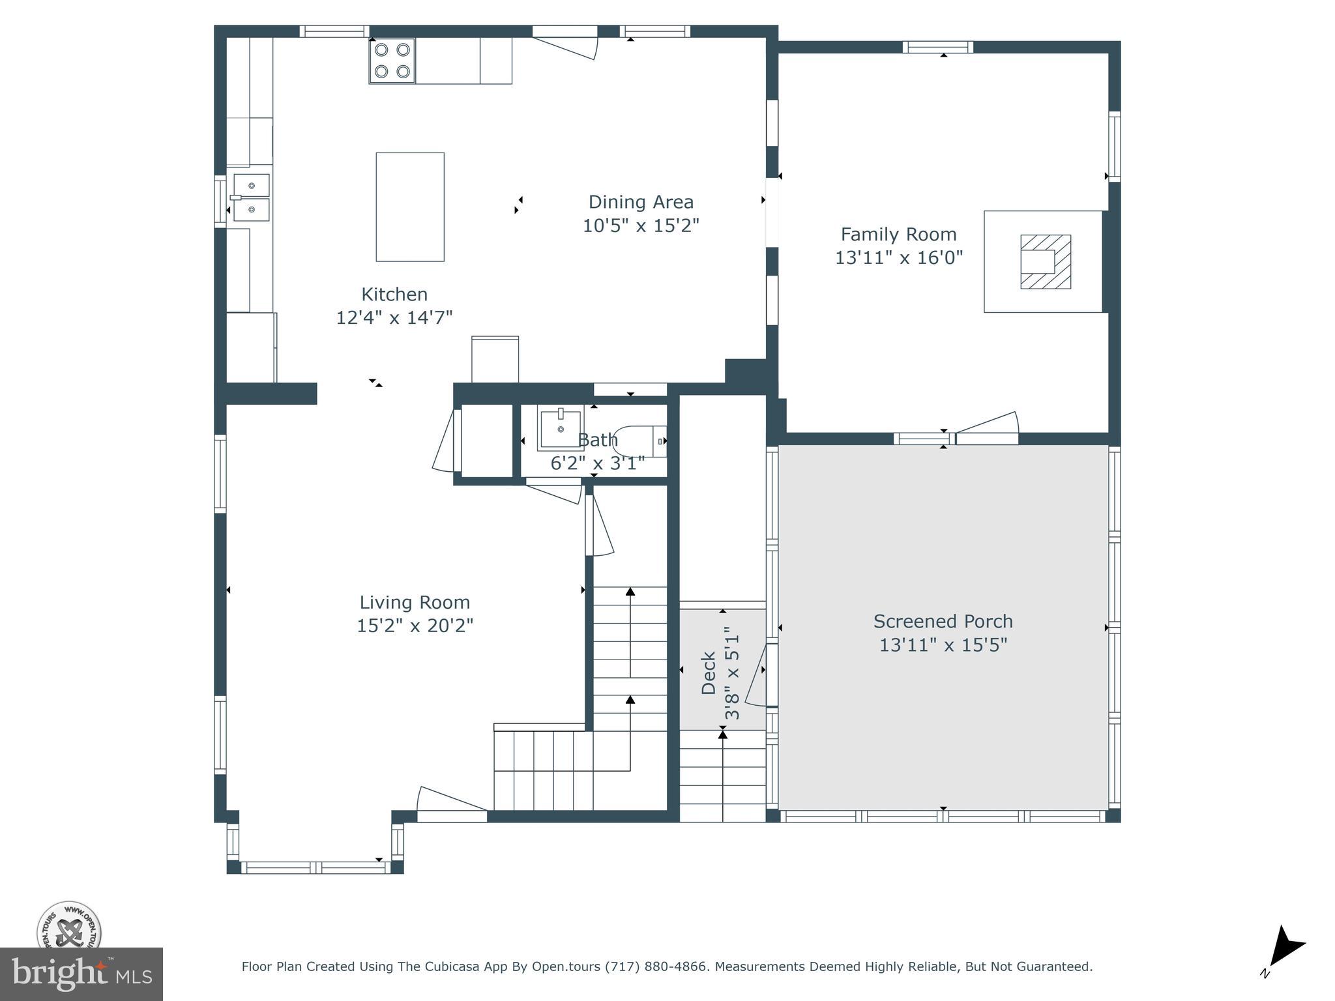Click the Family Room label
[x=898, y=234]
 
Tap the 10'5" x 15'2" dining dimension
[x=640, y=225]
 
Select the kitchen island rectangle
[x=410, y=207]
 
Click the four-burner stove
[x=392, y=61]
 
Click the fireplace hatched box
[x=1046, y=261]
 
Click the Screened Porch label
[x=943, y=621]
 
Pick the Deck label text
[x=709, y=673]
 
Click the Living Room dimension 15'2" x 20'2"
[x=415, y=626]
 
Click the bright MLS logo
[x=81, y=974]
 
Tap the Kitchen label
[x=394, y=294]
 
